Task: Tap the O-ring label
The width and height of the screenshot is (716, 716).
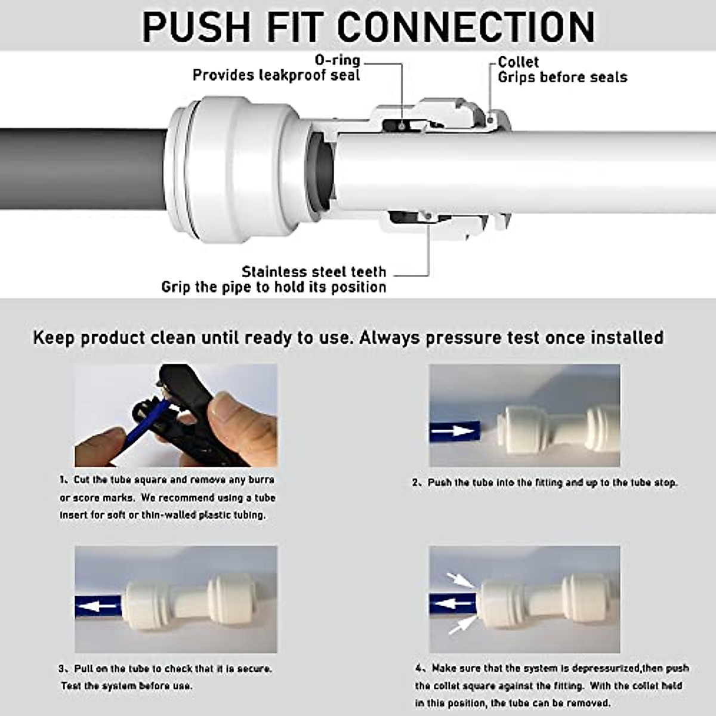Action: point(337,60)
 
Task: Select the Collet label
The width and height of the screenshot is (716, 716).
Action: point(518,62)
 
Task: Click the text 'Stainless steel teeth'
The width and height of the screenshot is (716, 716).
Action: point(314,272)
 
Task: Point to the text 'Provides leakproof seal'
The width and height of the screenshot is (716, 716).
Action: point(276,76)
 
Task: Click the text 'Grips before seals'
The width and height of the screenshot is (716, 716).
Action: point(562,78)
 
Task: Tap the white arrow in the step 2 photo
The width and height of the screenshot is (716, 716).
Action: point(453,430)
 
